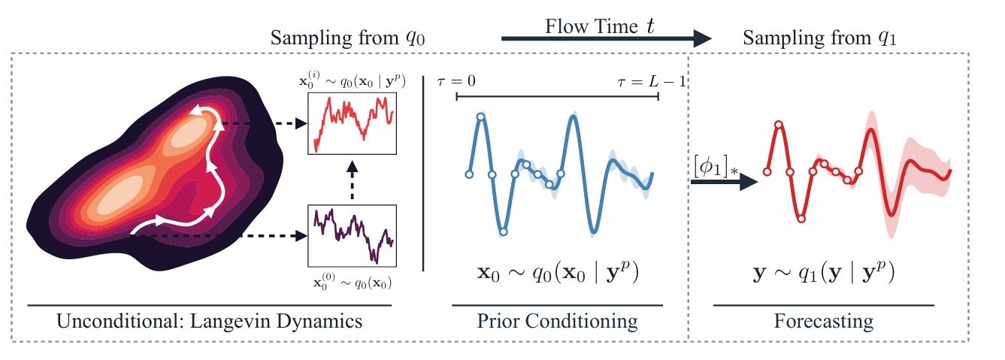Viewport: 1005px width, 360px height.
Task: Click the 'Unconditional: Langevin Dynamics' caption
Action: [x=210, y=322]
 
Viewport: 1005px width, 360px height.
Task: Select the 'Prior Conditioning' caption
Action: [x=557, y=322]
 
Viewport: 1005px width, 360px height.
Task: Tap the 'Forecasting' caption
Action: [x=824, y=322]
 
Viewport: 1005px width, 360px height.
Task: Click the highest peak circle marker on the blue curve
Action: [x=481, y=116]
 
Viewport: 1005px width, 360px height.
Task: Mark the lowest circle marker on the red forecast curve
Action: [x=801, y=219]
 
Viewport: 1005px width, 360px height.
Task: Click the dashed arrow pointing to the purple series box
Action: [x=226, y=235]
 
